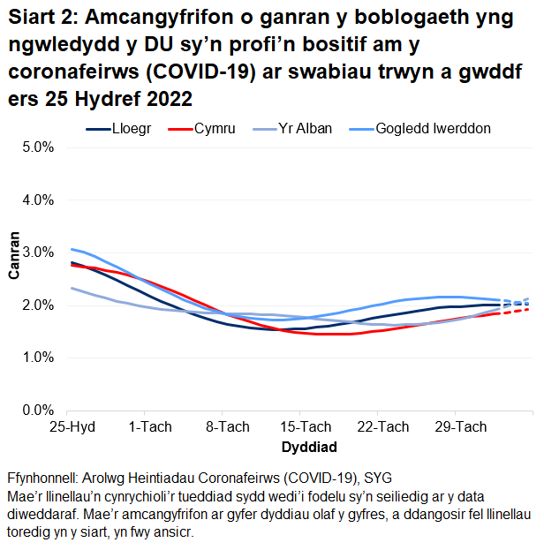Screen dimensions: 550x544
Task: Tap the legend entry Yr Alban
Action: [305, 129]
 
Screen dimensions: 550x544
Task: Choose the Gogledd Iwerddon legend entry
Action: [433, 129]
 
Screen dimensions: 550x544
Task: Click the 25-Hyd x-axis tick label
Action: [72, 427]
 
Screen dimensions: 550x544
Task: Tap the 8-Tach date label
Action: [227, 427]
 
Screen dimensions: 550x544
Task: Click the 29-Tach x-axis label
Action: [460, 427]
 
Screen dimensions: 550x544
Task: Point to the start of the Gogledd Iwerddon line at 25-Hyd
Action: [72, 249]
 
